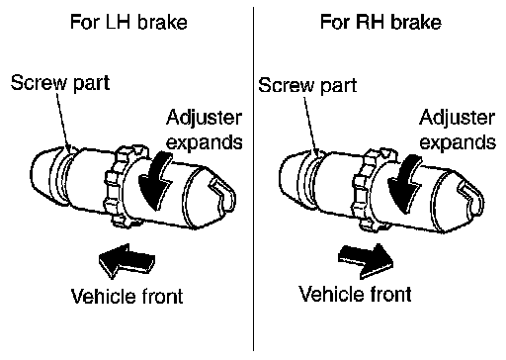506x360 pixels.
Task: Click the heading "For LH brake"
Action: [x=128, y=22]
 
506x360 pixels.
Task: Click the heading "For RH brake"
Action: [x=380, y=22]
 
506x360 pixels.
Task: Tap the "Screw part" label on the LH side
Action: [x=60, y=83]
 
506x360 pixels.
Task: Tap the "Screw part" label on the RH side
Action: [x=307, y=85]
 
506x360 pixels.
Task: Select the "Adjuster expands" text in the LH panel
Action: [x=205, y=130]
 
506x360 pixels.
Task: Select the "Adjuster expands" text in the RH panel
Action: [x=458, y=130]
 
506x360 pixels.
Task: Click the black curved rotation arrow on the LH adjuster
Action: [x=155, y=181]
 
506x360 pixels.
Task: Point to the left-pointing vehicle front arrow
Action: [x=126, y=261]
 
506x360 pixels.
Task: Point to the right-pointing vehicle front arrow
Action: [x=366, y=260]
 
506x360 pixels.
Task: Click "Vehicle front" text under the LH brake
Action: [x=127, y=296]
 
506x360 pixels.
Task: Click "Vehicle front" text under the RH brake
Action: [x=355, y=294]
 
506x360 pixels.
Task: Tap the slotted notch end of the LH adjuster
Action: [x=222, y=196]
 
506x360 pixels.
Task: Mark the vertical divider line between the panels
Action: [x=253, y=179]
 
